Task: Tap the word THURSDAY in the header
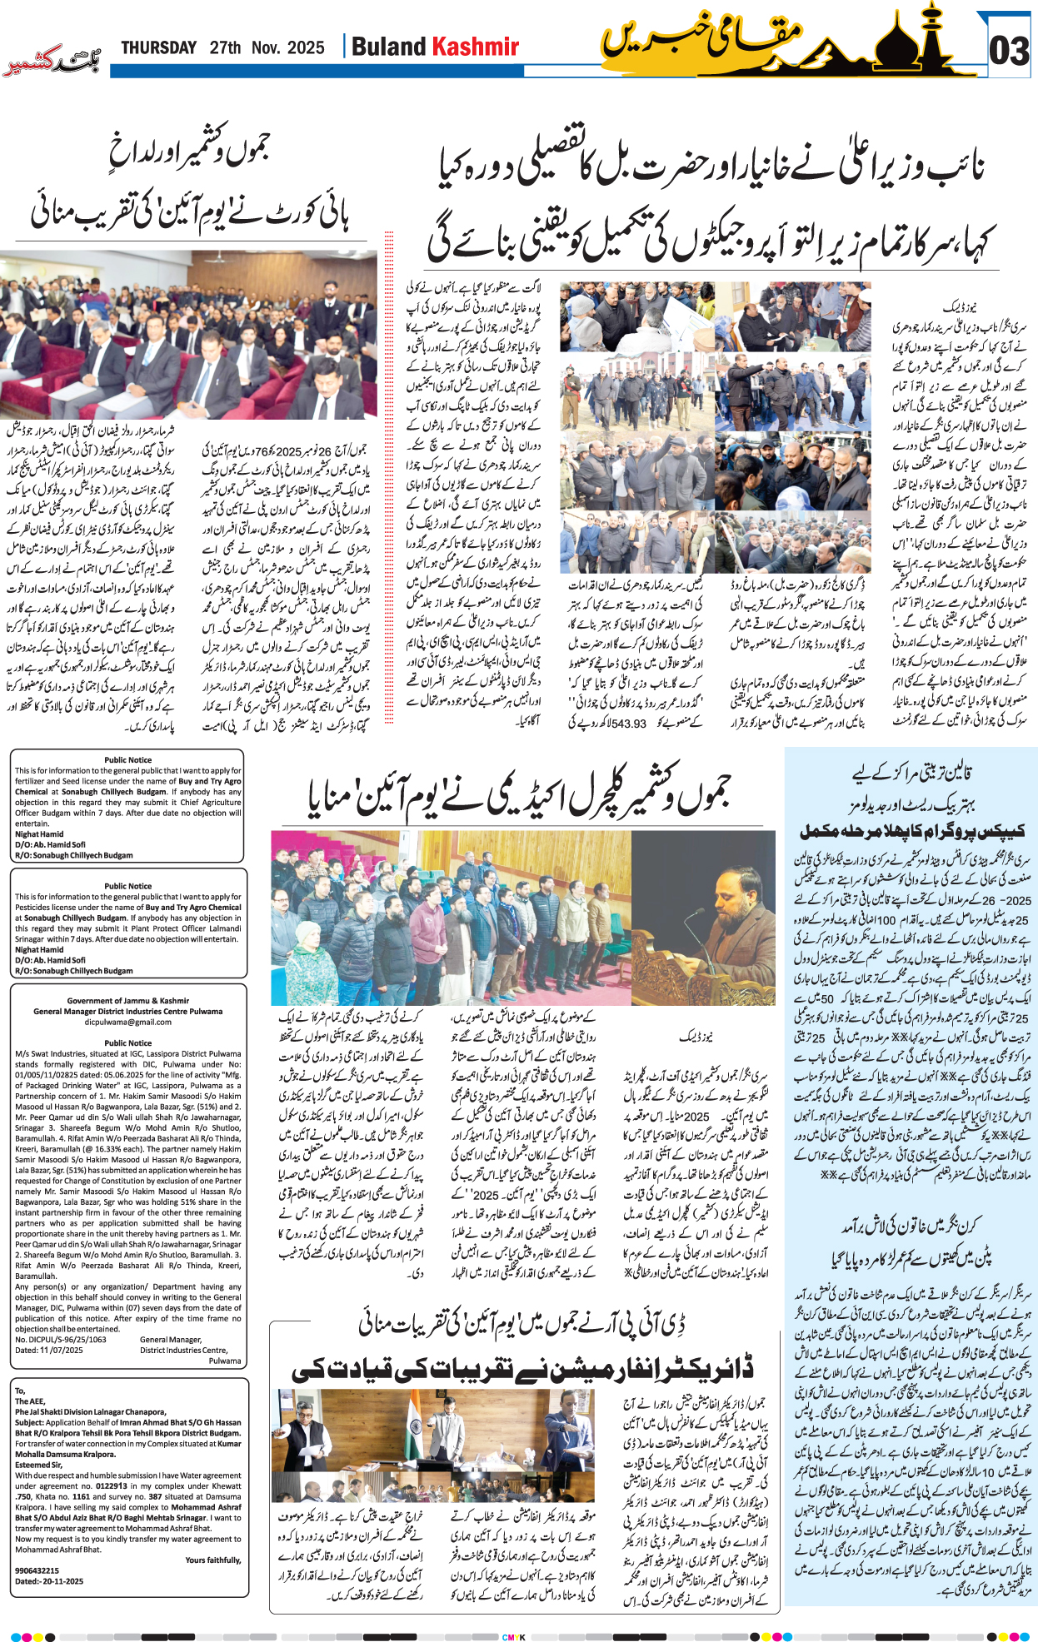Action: (158, 47)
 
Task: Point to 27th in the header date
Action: (225, 47)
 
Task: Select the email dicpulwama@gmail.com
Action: (127, 1022)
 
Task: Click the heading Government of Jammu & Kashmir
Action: (127, 1001)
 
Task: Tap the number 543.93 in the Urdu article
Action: (628, 724)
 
